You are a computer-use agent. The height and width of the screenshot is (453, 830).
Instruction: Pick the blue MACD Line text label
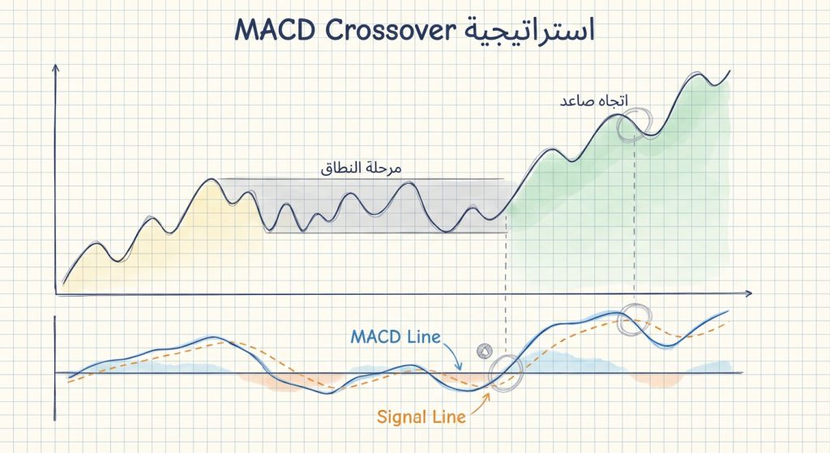point(396,335)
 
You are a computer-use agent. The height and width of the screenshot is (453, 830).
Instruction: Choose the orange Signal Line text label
point(421,417)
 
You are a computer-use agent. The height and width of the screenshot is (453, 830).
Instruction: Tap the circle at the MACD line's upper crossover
point(635,320)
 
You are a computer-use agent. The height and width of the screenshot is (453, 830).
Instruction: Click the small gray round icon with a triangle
point(485,351)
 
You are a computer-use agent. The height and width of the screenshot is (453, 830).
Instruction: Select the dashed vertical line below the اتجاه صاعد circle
point(634,219)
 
